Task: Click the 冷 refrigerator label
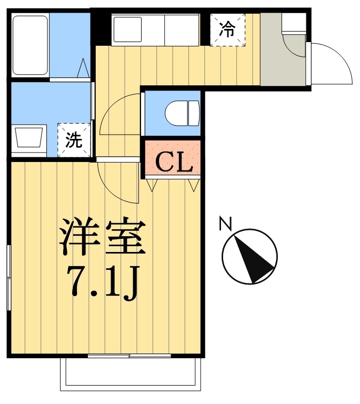[x=227, y=29]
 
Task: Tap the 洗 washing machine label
[x=74, y=140]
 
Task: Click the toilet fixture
[x=182, y=114]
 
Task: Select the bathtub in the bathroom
[x=30, y=45]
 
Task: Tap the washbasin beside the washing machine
[x=28, y=138]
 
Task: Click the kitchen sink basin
[x=127, y=29]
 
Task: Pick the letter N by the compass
[x=225, y=224]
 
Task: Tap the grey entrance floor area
[x=283, y=60]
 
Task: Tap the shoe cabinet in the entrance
[x=294, y=23]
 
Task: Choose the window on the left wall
[x=9, y=278]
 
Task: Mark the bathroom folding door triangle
[x=83, y=68]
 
